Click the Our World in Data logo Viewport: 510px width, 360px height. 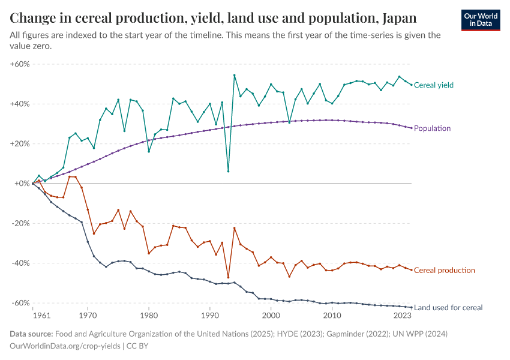tap(480, 20)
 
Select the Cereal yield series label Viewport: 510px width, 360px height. tap(433, 85)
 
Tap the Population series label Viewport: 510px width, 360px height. tap(432, 128)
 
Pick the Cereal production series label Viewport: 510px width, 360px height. tap(444, 271)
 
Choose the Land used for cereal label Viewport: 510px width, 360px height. tap(448, 308)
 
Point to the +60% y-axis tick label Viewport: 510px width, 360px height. tap(20, 64)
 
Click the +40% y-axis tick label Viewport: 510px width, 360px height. tap(20, 104)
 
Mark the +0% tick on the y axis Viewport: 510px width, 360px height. tap(22, 184)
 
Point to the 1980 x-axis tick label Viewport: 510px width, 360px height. tap(149, 315)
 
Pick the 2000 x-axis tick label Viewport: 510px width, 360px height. tap(271, 315)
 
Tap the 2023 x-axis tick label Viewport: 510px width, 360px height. tap(403, 315)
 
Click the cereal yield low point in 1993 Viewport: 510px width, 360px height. tap(228, 171)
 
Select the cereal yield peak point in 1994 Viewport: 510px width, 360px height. tap(234, 75)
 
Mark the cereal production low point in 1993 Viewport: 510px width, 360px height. tap(228, 277)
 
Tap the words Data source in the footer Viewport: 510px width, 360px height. tap(31, 334)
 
